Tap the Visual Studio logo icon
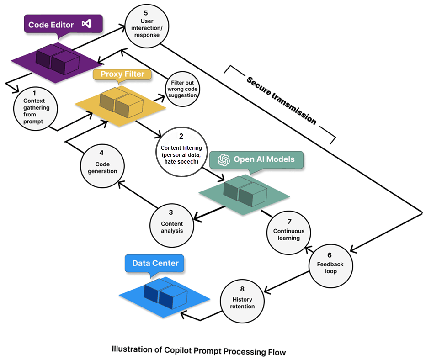tap(86, 24)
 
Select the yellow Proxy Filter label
tap(122, 74)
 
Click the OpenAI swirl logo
tap(224, 159)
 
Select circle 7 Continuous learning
tap(289, 231)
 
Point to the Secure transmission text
tap(281, 100)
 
